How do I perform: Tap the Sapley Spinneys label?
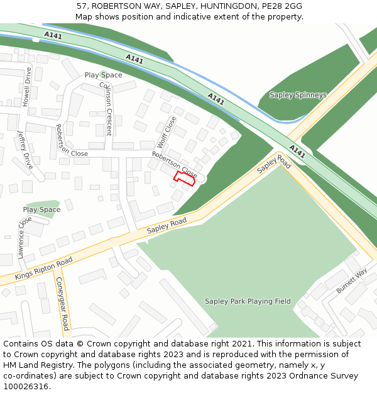pyautogui.click(x=298, y=95)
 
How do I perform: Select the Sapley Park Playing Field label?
pyautogui.click(x=248, y=301)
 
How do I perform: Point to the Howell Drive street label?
pyautogui.click(x=26, y=87)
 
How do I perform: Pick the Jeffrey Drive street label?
pyautogui.click(x=25, y=150)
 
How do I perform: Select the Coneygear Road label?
pyautogui.click(x=62, y=304)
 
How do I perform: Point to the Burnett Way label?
pyautogui.click(x=351, y=281)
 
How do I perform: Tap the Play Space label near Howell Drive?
pyautogui.click(x=103, y=75)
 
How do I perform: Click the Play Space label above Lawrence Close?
pyautogui.click(x=41, y=209)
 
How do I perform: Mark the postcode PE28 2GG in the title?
pyautogui.click(x=281, y=6)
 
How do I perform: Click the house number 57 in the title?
pyautogui.click(x=82, y=6)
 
